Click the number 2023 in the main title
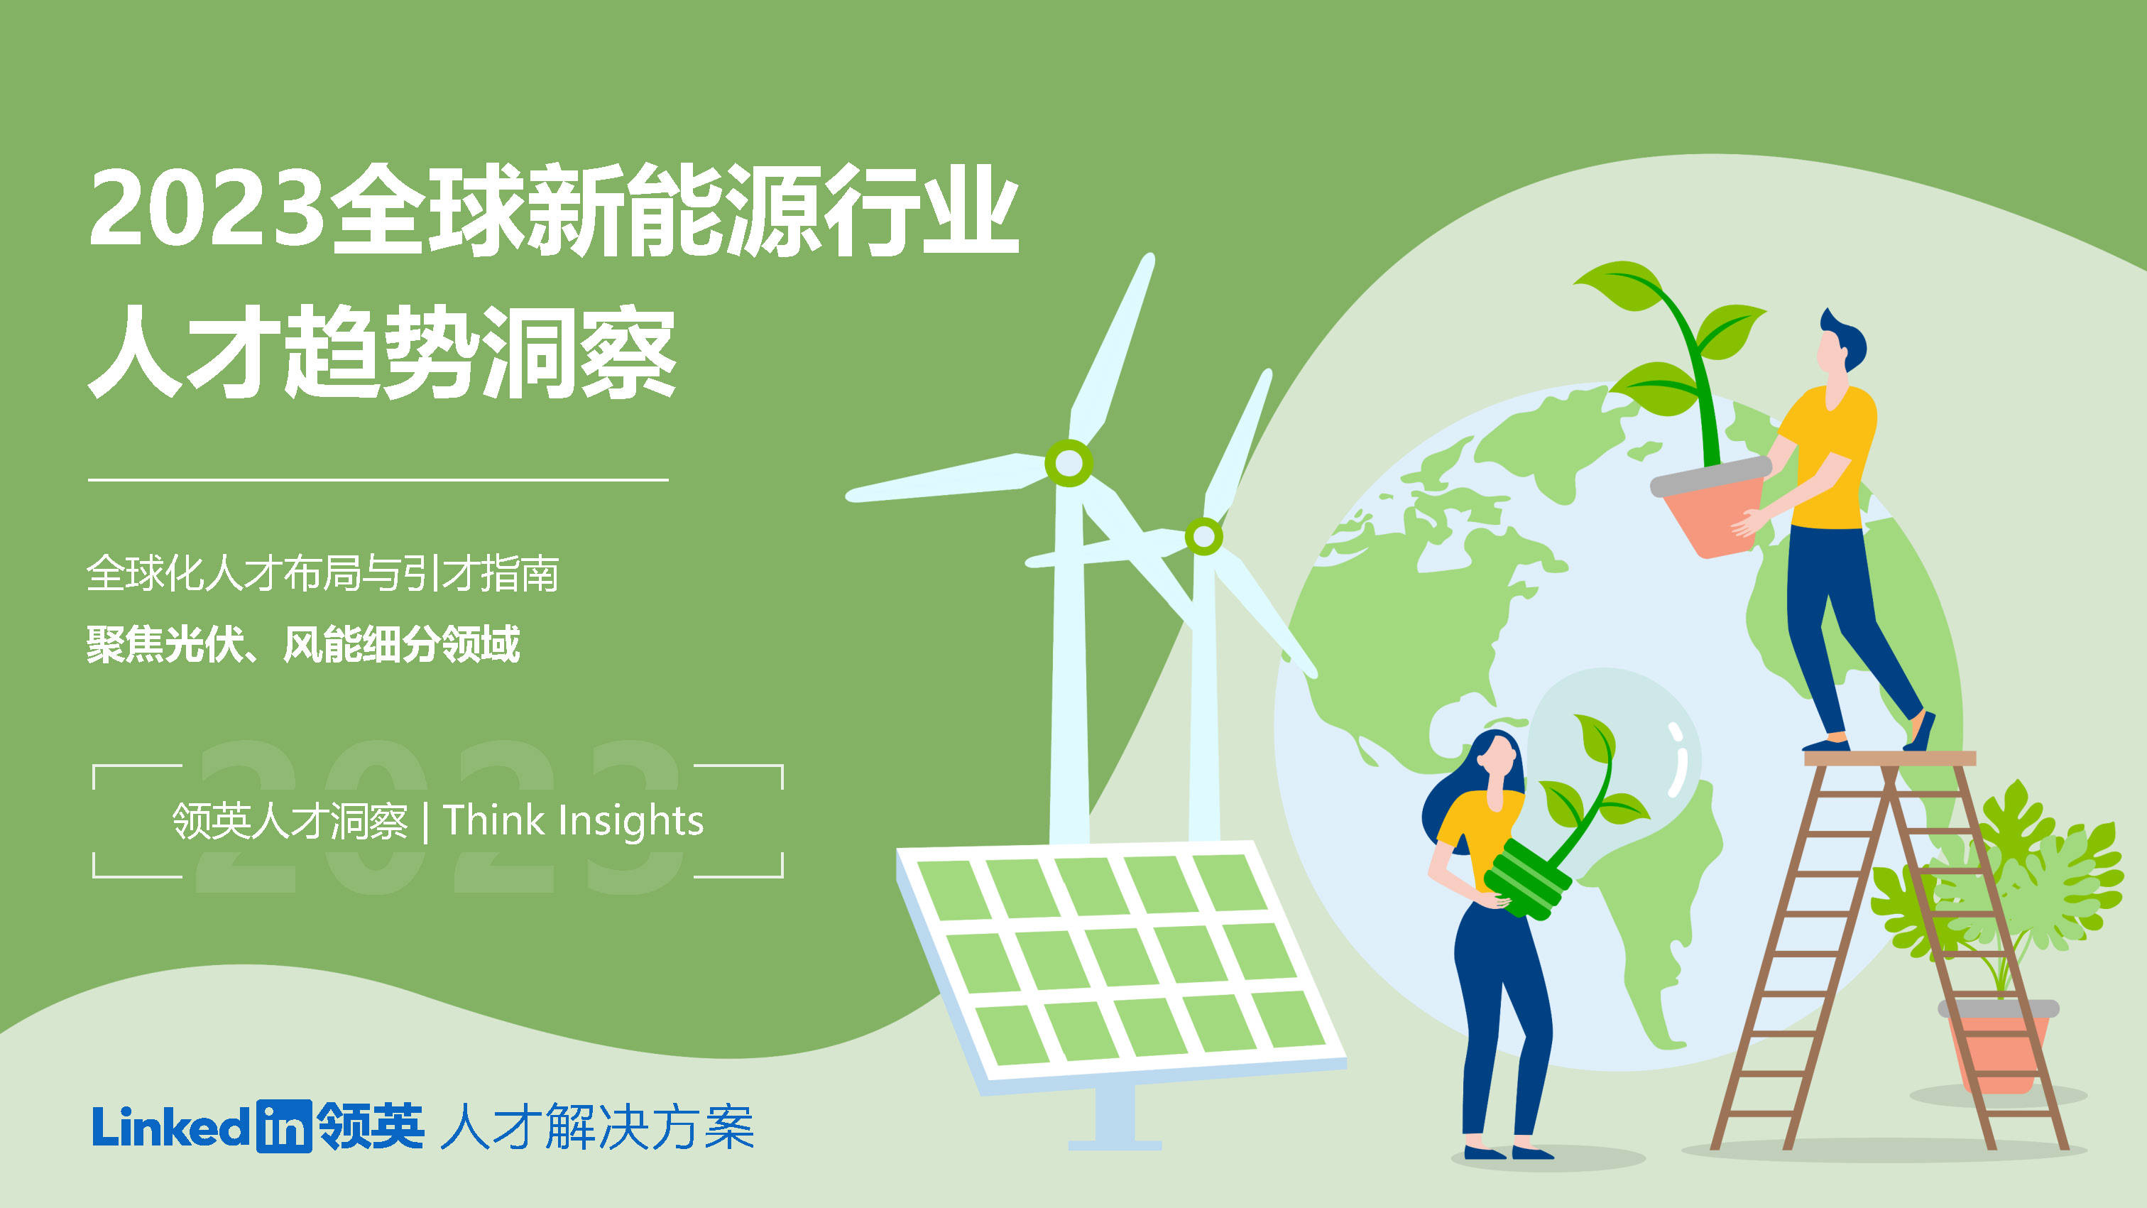coord(207,208)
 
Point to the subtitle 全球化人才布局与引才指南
coord(322,574)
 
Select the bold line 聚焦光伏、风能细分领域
coord(303,643)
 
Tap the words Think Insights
coord(574,820)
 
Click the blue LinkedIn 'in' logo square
coord(283,1126)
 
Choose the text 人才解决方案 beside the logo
coord(597,1127)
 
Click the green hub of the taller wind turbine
coord(1069,463)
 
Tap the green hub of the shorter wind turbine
coord(1203,536)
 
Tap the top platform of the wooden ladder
coord(1889,758)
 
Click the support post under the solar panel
coord(1115,1117)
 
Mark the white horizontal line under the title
coord(378,480)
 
